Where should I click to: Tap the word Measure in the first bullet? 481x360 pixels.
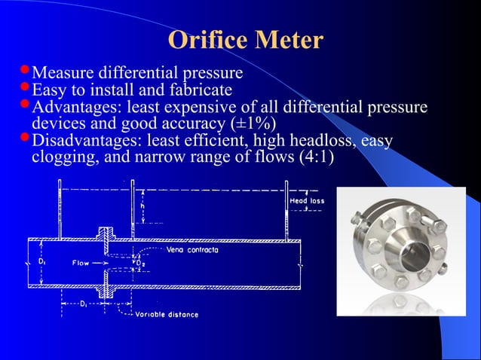66,74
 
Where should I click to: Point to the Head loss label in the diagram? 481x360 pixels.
307,201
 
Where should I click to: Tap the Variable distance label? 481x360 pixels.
167,314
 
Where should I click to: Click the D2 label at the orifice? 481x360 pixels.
140,261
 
